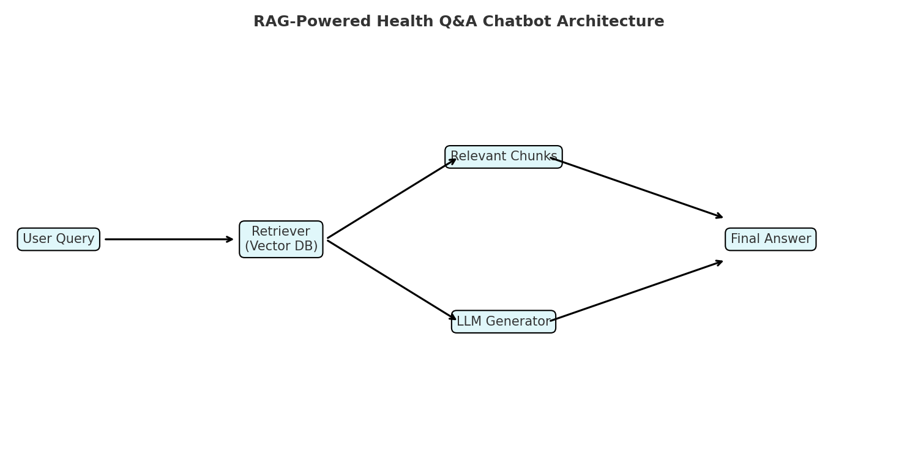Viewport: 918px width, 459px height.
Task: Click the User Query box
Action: coord(58,239)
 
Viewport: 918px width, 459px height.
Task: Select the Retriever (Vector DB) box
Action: coord(281,239)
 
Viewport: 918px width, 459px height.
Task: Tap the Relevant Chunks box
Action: coord(503,157)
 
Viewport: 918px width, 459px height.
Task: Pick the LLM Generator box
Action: coord(503,321)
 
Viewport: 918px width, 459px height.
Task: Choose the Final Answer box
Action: coord(770,239)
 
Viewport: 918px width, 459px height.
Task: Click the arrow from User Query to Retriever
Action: coord(168,239)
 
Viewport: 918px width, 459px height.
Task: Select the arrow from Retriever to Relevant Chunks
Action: coord(392,198)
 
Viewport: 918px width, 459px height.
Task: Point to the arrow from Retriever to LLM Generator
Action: coord(392,280)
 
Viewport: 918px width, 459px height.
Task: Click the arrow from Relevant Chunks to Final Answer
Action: coord(636,187)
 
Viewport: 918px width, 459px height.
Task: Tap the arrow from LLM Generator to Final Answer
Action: coord(636,291)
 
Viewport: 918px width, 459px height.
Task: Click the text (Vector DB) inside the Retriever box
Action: coord(281,247)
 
